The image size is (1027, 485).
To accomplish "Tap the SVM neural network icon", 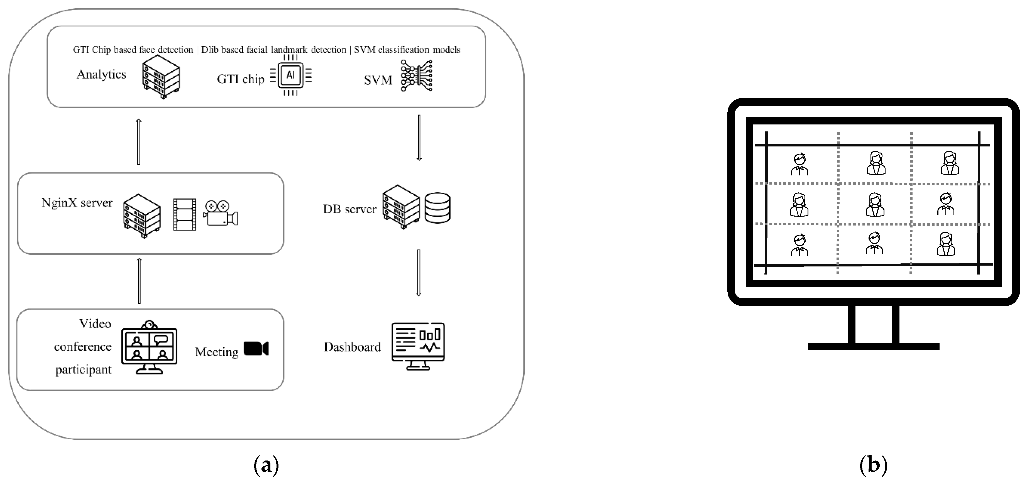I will pos(417,76).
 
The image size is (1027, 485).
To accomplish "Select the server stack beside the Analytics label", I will pos(161,77).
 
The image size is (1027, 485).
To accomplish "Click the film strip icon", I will pos(185,214).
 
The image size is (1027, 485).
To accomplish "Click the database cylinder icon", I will pos(437,208).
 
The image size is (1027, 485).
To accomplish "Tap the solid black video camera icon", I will pos(256,348).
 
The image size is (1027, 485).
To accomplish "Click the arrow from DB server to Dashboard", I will pos(419,273).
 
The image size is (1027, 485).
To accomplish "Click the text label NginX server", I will pos(77,203).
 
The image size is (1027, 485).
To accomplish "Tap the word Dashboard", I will pos(353,347).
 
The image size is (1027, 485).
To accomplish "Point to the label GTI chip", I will pos(240,79).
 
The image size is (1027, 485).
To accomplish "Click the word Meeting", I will pos(216,352).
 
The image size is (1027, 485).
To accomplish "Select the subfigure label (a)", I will pos(266,465).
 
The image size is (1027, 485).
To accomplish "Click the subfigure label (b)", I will pos(873,465).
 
